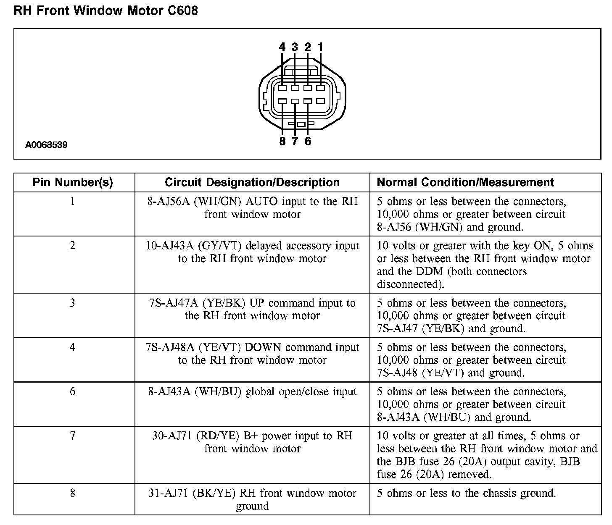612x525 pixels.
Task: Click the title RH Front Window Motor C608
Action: [106, 10]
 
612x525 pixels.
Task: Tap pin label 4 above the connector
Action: [282, 47]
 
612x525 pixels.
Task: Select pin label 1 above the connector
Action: [320, 47]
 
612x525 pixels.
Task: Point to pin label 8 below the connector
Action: [282, 141]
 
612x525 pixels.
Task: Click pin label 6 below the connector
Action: [308, 141]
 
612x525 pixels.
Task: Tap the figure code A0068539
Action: [46, 145]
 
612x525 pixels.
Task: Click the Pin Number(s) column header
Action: [73, 182]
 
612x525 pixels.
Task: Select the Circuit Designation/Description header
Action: [252, 182]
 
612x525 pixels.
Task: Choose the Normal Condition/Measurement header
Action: [465, 182]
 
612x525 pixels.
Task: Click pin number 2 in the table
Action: [73, 245]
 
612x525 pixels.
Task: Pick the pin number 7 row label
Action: [73, 436]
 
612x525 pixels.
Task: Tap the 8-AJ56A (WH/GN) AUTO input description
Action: [252, 208]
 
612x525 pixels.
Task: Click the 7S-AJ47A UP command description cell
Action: [252, 309]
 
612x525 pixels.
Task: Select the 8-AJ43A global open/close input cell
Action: [252, 392]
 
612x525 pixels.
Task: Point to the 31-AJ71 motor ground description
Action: [252, 499]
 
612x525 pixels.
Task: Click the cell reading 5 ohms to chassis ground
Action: [466, 493]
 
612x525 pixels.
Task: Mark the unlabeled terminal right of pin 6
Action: [321, 101]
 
